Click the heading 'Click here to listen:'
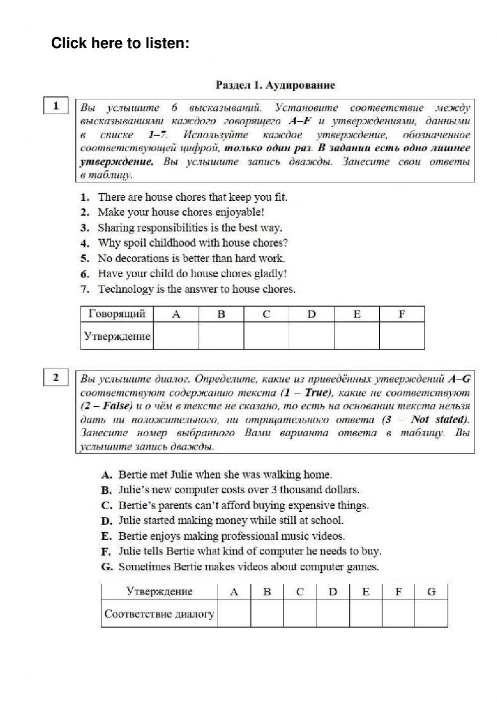tap(120, 44)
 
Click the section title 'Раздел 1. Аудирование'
tap(275, 85)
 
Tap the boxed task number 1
tap(56, 106)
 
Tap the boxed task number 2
tap(56, 378)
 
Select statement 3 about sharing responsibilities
tap(189, 228)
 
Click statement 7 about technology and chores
tap(196, 289)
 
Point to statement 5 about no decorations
tap(191, 258)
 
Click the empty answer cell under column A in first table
tap(176, 336)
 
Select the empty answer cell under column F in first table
tap(402, 336)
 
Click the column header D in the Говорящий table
tap(312, 314)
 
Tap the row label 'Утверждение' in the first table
tap(117, 336)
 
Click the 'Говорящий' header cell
tap(117, 314)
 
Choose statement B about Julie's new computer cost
tap(239, 490)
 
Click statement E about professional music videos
tap(231, 537)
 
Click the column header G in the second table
tap(431, 592)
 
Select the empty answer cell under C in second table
tap(300, 614)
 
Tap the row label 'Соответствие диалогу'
tap(160, 614)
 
